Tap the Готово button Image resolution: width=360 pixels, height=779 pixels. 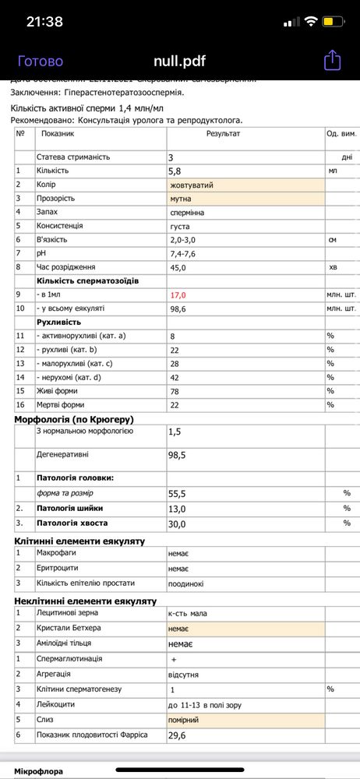[x=41, y=61]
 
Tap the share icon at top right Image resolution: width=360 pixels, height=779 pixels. [x=332, y=60]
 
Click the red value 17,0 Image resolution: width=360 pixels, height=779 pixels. [x=178, y=295]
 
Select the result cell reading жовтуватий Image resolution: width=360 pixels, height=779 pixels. [x=192, y=185]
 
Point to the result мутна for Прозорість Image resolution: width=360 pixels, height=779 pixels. [x=182, y=199]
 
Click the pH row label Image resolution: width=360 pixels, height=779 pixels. [x=41, y=253]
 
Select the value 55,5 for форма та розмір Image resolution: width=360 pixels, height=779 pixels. [x=178, y=493]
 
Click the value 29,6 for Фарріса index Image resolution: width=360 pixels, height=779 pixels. [x=178, y=736]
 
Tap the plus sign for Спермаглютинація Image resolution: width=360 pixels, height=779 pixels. [x=174, y=659]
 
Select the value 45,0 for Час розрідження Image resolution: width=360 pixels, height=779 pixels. [x=178, y=267]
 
